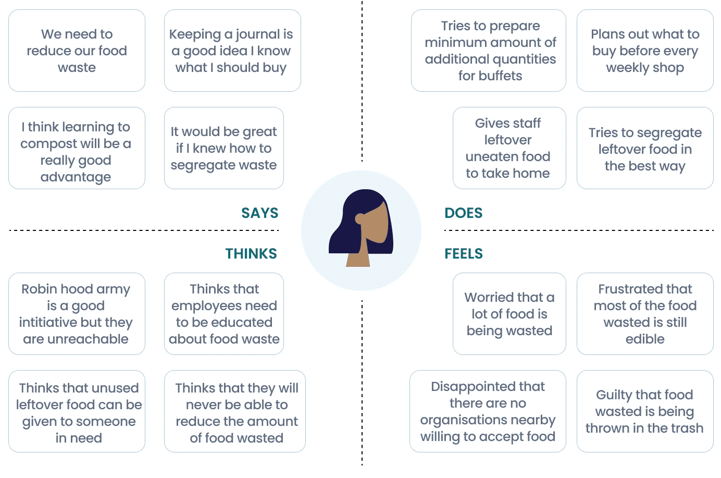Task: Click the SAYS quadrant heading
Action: pos(259,213)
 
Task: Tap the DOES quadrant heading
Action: pos(463,213)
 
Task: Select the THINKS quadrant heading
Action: pos(251,253)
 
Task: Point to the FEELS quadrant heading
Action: pos(463,253)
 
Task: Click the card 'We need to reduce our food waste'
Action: pos(77,51)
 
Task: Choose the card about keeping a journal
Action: pos(232,51)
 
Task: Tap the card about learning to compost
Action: pos(77,148)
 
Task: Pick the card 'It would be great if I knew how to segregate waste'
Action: pos(223,148)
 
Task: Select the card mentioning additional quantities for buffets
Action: pos(488,51)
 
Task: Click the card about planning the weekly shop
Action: pos(644,51)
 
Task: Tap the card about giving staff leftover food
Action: pos(508,148)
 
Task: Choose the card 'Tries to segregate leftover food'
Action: pos(644,148)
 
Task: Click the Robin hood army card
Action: pos(77,314)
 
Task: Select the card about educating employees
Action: pos(223,314)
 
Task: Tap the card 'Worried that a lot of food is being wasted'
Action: pos(508,314)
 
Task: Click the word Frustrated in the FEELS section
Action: pos(620,289)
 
